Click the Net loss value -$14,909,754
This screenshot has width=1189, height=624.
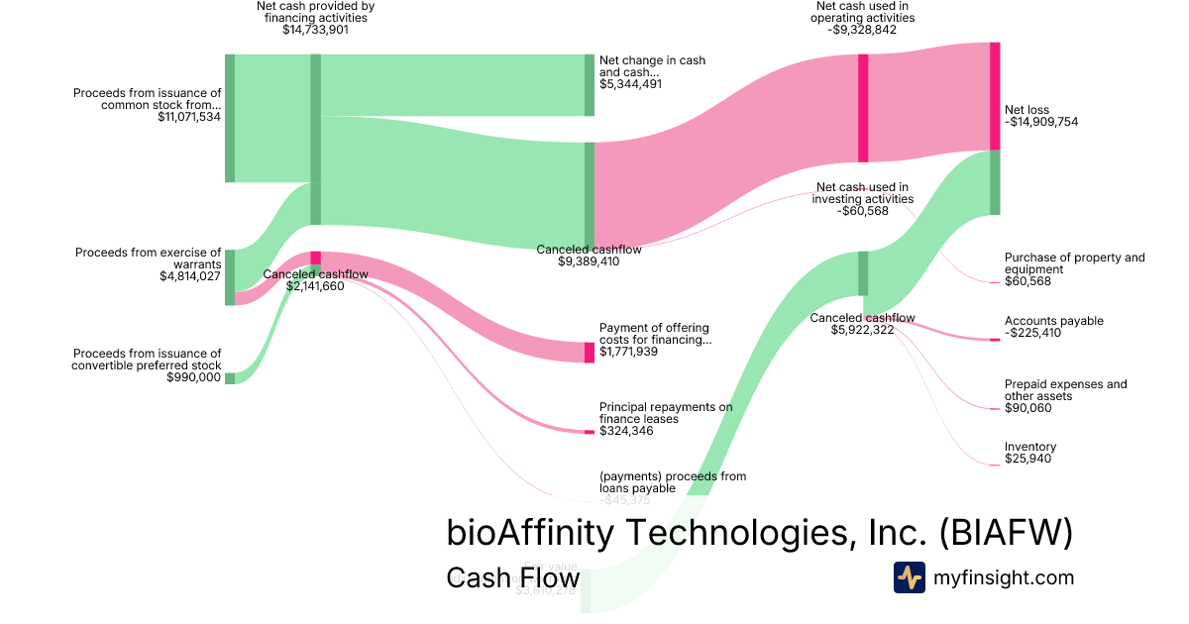[1040, 123]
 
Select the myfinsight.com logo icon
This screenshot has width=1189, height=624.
[909, 577]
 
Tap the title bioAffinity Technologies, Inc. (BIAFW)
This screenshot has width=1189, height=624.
[760, 533]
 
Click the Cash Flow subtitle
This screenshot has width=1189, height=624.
[512, 577]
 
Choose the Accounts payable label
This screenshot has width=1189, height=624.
[1053, 321]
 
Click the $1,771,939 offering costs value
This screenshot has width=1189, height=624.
[628, 352]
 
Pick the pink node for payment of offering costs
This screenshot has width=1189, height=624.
[590, 352]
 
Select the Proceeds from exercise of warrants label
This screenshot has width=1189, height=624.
[149, 259]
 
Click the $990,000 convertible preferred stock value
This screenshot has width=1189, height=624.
[194, 377]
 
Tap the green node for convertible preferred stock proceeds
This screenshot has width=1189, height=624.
[230, 377]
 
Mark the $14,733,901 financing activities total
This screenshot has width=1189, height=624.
[315, 30]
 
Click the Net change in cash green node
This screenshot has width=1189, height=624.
[590, 85]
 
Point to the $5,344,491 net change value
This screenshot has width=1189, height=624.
[630, 84]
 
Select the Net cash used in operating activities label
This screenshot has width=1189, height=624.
[861, 12]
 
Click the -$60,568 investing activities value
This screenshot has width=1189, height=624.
[862, 211]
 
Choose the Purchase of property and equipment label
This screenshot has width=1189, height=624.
[1074, 263]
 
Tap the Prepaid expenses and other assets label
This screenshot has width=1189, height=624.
[1065, 390]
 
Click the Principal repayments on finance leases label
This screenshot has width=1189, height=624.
[665, 413]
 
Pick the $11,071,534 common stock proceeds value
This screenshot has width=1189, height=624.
[188, 117]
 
